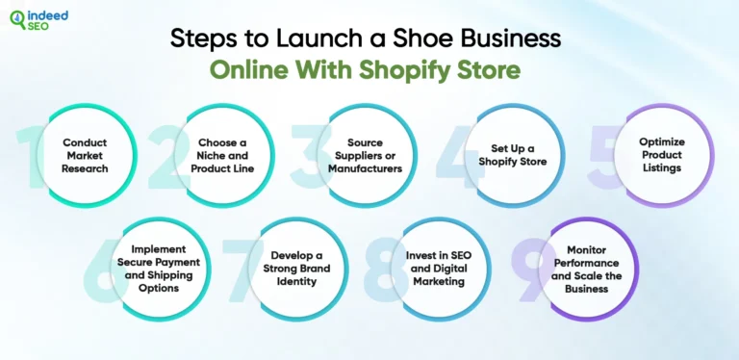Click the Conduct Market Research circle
[85, 155]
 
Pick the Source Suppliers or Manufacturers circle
[365, 155]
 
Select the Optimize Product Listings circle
[662, 154]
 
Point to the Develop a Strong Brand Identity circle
[297, 269]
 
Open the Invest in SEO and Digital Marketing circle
[438, 269]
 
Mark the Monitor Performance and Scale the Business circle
[587, 269]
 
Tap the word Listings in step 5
[662, 168]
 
